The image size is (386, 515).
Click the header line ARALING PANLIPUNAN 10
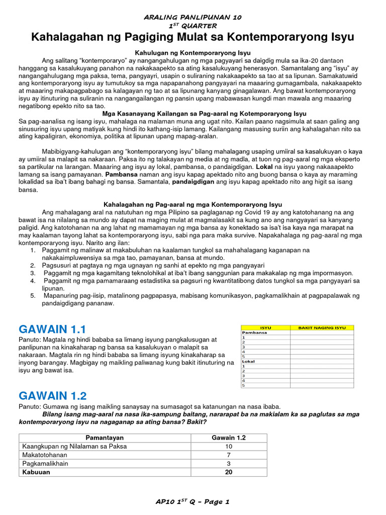(x=193, y=17)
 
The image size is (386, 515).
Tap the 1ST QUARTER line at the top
(x=193, y=26)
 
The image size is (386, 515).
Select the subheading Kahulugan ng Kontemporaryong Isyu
(x=193, y=53)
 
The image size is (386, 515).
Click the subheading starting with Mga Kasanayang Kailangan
(x=204, y=114)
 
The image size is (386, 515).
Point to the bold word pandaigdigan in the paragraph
(x=193, y=182)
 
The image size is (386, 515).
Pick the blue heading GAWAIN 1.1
(x=52, y=329)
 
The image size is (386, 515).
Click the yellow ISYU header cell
(x=265, y=327)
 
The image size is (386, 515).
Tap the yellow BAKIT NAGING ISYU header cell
(x=322, y=327)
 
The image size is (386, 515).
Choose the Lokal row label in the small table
(x=248, y=361)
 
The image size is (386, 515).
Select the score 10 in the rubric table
(x=229, y=447)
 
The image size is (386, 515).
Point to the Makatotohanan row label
(x=45, y=455)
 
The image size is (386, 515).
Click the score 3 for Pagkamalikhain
(x=229, y=464)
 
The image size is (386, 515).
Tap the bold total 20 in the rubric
(x=229, y=472)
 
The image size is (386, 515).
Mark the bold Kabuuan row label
(x=36, y=472)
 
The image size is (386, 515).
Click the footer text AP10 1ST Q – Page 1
(x=193, y=501)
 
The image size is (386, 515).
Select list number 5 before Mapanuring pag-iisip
(x=32, y=296)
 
